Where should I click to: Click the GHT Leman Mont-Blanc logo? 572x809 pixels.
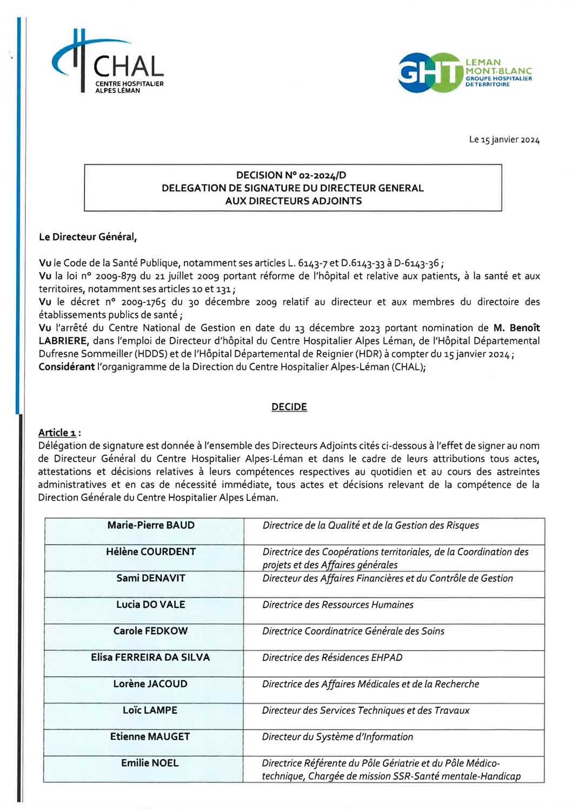pos(464,73)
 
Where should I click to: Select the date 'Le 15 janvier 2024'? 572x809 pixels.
pos(504,140)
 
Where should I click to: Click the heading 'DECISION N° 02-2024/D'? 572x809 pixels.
pos(291,175)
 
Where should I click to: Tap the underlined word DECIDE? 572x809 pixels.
pos(289,407)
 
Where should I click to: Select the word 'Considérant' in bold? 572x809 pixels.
pos(66,367)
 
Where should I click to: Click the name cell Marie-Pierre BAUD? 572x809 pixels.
pos(151,525)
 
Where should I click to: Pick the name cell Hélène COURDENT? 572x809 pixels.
pos(151,552)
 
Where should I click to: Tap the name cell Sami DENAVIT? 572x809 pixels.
pos(151,578)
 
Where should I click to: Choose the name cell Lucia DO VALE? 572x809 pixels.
pos(151,605)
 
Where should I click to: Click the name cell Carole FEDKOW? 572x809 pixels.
pos(151,631)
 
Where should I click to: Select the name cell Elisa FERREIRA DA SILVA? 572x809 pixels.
pos(150,658)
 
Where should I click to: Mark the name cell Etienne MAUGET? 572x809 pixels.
pos(150,737)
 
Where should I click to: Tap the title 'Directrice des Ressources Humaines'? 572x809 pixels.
pos(338,605)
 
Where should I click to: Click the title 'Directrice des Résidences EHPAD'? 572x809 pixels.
pos(332,658)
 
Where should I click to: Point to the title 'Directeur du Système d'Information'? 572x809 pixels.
pos(337,737)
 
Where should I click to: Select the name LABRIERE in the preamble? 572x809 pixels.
pos(63,341)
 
